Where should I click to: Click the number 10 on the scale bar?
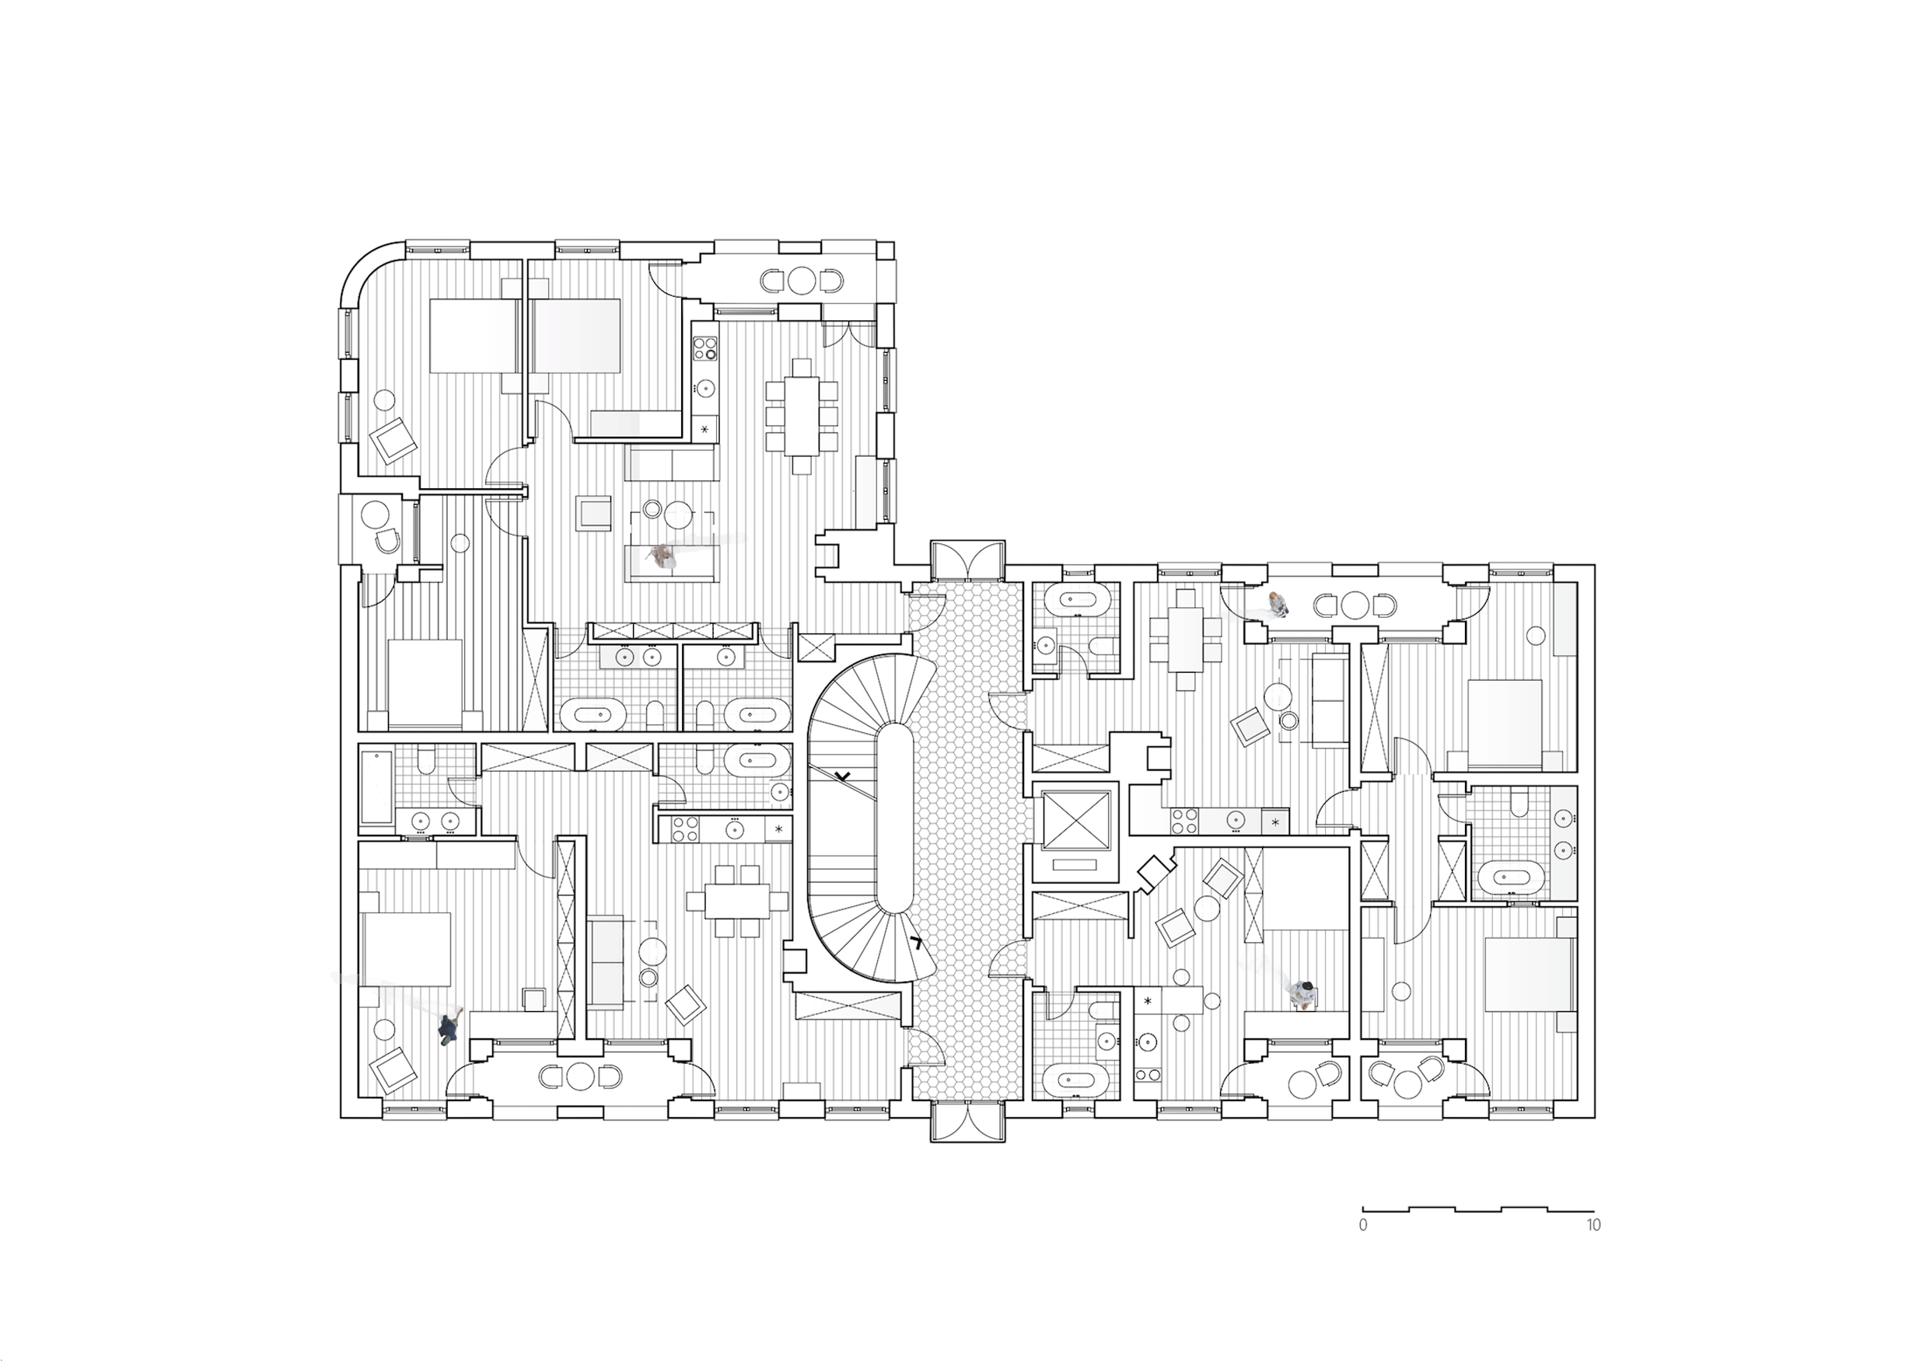coord(1593,1226)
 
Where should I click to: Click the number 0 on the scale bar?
coord(1362,1226)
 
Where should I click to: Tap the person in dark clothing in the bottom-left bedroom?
coord(448,1029)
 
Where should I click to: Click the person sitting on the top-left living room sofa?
coord(663,556)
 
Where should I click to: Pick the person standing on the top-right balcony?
coord(1277,602)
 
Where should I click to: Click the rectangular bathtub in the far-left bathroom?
coord(376,787)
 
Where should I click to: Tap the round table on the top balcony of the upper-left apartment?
coord(802,280)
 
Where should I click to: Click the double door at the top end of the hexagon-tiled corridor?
coord(967,560)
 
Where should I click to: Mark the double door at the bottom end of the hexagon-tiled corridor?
coord(967,1122)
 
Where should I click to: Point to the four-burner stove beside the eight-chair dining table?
coord(705,348)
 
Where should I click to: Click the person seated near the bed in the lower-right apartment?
coord(1304,993)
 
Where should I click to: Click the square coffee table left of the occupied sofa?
coord(593,513)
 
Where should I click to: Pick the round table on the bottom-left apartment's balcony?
coord(580,1076)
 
